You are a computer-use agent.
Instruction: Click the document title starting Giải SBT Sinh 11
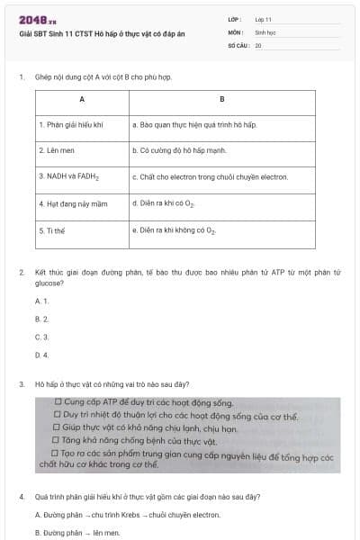(101, 32)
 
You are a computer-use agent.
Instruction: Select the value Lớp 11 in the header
(264, 19)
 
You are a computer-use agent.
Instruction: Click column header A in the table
(82, 98)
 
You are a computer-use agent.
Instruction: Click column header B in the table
(222, 98)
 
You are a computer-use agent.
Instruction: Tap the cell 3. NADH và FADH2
(68, 177)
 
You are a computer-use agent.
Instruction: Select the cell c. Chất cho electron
(210, 177)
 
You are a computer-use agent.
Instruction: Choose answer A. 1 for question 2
(41, 301)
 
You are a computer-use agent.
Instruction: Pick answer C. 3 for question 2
(41, 337)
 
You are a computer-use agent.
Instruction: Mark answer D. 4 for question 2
(41, 355)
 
